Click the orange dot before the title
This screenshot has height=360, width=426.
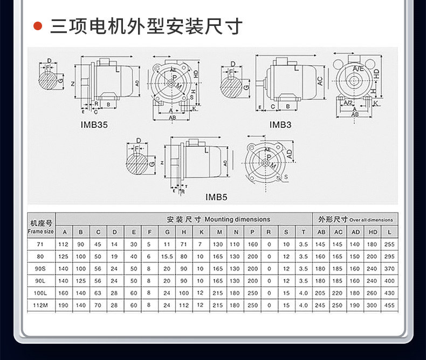38,26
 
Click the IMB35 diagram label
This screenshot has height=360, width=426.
94,125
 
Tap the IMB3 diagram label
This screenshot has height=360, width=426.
280,125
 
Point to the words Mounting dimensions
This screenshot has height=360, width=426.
237,220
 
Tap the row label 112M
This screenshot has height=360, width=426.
41,305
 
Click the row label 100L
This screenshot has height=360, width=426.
41,293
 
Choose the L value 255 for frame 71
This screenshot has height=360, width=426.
388,244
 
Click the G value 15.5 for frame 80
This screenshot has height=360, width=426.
167,256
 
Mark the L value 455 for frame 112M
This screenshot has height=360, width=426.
388,305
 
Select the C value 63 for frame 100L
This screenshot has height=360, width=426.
98,293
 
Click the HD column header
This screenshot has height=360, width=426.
372,232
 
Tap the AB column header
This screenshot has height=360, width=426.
321,232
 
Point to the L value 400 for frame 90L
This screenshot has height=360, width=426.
388,281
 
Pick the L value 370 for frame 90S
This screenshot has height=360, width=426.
388,268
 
